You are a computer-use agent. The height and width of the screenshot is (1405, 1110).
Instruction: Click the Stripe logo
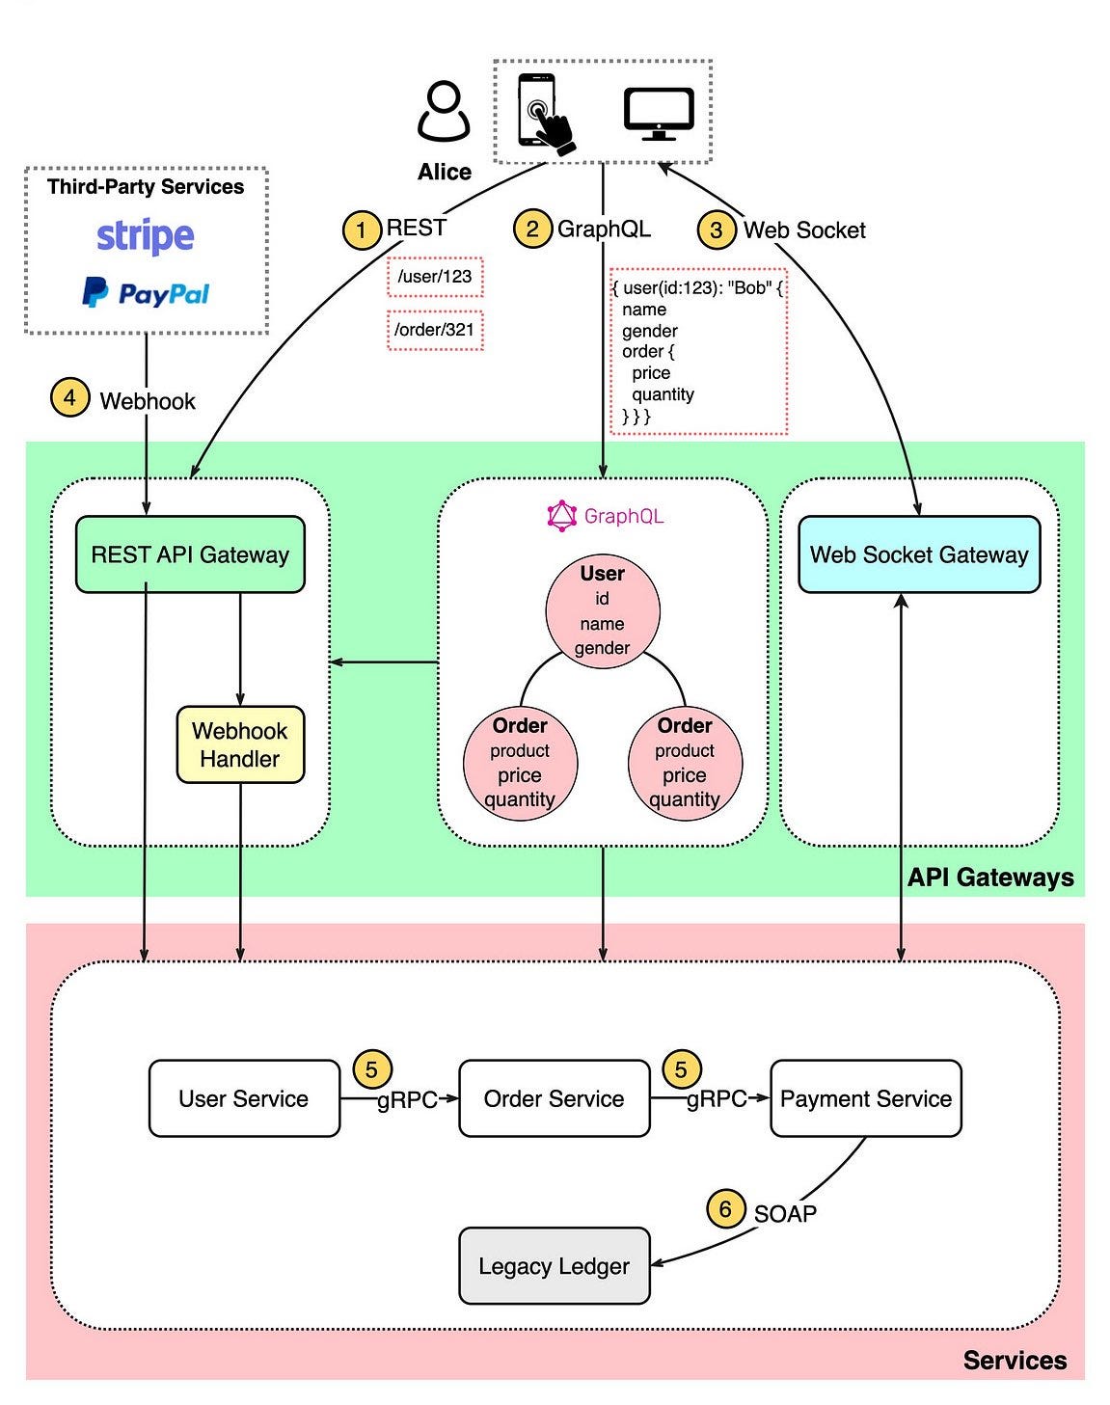click(x=145, y=236)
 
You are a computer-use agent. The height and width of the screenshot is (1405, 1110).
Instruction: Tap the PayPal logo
click(x=146, y=292)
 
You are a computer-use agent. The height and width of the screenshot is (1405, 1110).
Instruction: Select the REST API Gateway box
click(x=190, y=554)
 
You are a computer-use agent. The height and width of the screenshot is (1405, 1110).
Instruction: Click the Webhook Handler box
click(x=240, y=744)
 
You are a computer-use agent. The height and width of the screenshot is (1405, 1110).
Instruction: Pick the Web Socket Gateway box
click(x=919, y=554)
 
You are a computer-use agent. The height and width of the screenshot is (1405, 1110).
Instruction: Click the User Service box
click(x=244, y=1098)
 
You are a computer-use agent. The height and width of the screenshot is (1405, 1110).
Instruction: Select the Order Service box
click(x=555, y=1098)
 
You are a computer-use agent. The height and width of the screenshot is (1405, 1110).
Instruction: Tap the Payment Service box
click(x=865, y=1098)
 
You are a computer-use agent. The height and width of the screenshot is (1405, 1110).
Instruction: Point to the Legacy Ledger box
click(x=554, y=1266)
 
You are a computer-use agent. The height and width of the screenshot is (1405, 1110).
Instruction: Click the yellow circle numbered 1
click(x=362, y=230)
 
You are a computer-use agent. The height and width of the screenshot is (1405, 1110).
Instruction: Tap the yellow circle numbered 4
click(x=69, y=397)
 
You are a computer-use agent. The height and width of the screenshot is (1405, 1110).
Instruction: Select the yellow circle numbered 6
click(x=725, y=1209)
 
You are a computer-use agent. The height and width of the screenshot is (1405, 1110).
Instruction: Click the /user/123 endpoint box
click(x=435, y=277)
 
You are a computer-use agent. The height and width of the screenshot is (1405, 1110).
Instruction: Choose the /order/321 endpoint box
click(x=435, y=330)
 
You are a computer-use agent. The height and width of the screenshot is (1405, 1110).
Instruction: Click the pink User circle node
click(x=603, y=610)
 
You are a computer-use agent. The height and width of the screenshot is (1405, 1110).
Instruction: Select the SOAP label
click(x=785, y=1213)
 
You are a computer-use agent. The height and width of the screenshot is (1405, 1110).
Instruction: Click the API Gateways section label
click(x=990, y=878)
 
